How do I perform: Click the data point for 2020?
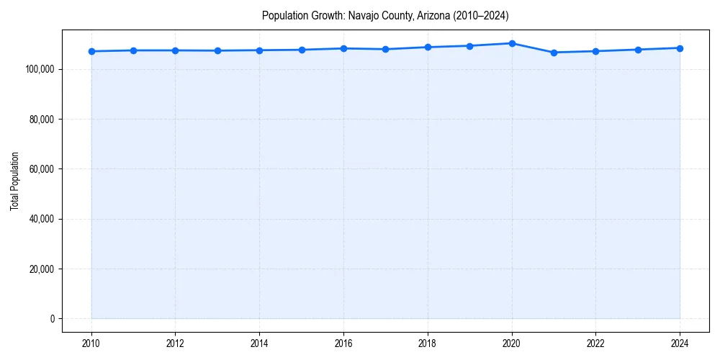pos(512,43)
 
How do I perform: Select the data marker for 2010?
pos(91,51)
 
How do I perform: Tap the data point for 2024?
pos(680,48)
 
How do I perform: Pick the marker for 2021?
pos(554,53)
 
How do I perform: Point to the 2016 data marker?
pos(343,48)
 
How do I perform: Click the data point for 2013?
pos(217,50)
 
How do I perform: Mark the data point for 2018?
pos(428,47)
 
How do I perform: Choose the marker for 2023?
pos(638,50)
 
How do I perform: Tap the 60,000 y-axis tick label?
pos(41,169)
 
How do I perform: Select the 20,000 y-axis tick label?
pos(41,269)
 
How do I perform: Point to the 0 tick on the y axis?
pos(52,319)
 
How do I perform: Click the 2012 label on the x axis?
pos(175,343)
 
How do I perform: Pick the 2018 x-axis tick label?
pos(428,343)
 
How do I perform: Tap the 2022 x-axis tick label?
pos(595,343)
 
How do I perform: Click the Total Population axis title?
pos(14,181)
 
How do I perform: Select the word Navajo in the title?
pos(363,16)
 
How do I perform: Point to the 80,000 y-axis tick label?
pos(41,119)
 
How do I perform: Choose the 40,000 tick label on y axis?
pos(41,219)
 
